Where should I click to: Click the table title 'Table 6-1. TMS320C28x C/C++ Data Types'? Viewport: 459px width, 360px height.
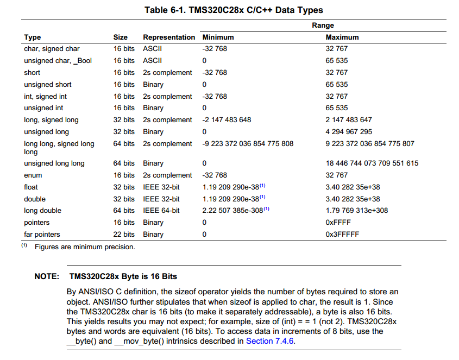coord(234,10)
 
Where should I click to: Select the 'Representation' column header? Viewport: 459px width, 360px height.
coord(168,37)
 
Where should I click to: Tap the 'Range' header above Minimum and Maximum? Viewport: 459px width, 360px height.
coord(323,26)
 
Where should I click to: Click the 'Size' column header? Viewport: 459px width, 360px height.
coord(121,37)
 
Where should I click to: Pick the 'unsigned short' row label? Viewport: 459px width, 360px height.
coord(47,85)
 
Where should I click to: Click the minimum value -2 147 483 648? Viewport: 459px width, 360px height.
coord(227,120)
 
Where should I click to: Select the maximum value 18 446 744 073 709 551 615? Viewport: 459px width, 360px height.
coord(372,163)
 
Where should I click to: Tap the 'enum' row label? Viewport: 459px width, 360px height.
coord(33,175)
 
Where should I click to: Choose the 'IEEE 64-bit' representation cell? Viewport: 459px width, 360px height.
coord(161,211)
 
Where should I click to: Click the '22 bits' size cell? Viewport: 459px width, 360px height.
coord(124,235)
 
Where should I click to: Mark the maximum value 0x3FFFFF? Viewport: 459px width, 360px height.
coord(342,235)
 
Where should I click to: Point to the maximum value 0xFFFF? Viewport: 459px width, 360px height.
coord(338,223)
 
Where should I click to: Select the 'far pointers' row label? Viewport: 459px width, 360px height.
coord(42,235)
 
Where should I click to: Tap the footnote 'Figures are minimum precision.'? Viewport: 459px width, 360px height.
coord(85,247)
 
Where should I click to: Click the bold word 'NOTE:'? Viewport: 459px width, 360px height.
coord(47,276)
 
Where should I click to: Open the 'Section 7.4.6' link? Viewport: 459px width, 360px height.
coord(271,341)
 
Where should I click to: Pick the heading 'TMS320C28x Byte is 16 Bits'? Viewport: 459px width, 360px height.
coord(123,276)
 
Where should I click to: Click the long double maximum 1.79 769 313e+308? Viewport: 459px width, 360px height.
coord(355,211)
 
